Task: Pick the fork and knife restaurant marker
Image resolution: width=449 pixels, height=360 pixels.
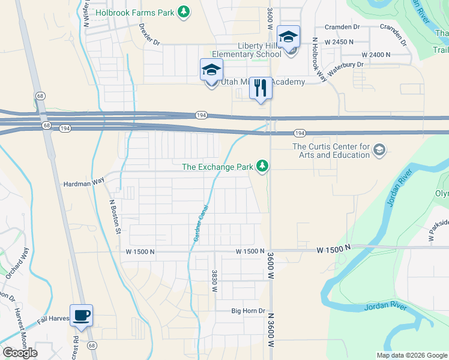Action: (x=261, y=88)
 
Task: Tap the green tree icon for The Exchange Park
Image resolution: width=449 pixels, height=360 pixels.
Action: (x=262, y=166)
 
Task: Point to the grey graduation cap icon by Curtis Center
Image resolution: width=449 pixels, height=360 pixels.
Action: (x=379, y=149)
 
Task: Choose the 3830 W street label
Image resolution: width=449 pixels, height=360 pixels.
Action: (x=214, y=280)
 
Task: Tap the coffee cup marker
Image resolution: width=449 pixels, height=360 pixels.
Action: (x=82, y=314)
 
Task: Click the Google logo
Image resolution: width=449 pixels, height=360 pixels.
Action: (x=20, y=353)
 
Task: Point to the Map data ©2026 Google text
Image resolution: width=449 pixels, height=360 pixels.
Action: (x=411, y=355)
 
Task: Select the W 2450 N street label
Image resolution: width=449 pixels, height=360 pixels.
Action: (x=340, y=43)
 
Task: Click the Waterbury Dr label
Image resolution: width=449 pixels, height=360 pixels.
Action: (x=345, y=64)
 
